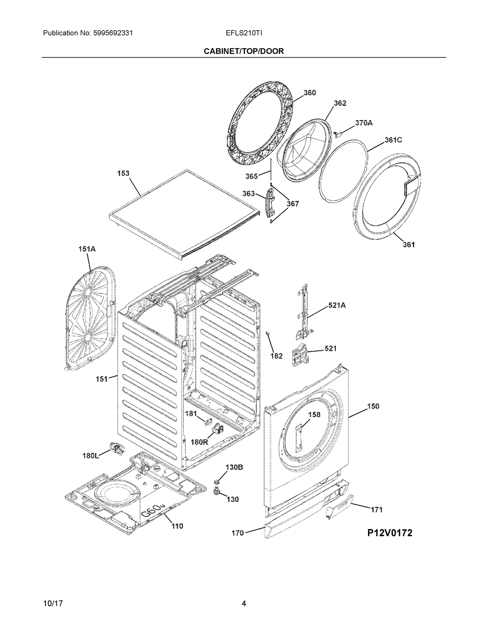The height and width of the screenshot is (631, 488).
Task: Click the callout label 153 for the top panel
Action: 123,173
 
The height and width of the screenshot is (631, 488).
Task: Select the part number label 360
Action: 310,93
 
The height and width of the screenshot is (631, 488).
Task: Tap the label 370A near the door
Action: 364,123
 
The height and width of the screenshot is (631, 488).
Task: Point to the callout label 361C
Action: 393,140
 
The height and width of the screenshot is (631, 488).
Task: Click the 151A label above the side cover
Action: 87,249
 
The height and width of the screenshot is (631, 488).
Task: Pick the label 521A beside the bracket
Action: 336,305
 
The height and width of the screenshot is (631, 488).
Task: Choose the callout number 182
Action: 277,356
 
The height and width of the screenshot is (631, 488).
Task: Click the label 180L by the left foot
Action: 90,456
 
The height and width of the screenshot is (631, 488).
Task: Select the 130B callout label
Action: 234,467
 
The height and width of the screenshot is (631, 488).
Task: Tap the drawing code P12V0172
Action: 389,533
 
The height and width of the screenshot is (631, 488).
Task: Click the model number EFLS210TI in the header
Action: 244,33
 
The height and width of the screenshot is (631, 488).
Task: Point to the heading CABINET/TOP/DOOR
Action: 244,51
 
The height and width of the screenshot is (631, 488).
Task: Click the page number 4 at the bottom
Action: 244,604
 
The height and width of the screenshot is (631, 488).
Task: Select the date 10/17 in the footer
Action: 53,604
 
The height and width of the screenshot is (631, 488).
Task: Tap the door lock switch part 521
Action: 299,355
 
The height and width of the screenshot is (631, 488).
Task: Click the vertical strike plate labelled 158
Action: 299,437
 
